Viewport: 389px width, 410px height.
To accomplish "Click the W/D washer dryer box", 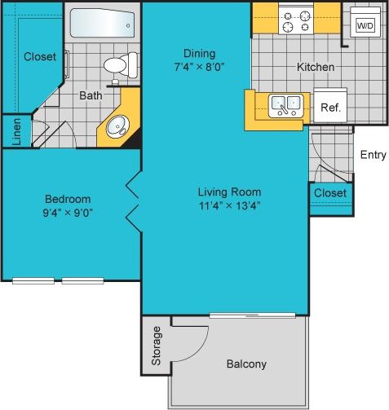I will coord(363,26).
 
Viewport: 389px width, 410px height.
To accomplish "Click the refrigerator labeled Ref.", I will coord(330,106).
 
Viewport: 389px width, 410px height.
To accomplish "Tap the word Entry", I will coord(373,155).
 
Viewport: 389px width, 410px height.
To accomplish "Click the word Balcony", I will coord(245,364).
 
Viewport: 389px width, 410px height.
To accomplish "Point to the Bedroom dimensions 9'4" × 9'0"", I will coord(68,214).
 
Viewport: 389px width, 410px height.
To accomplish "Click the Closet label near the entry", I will coord(329,193).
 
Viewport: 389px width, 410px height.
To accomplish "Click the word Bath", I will coord(91,95).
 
